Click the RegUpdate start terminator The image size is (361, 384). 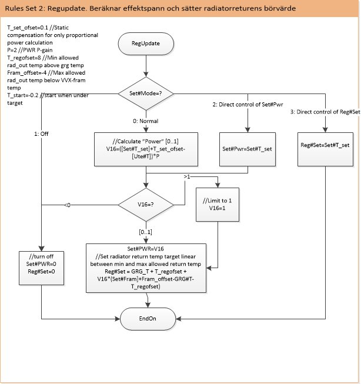tap(146, 44)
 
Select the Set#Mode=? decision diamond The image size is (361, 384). tap(146, 94)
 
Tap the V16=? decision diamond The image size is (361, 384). tap(146, 205)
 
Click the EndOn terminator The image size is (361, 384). tap(148, 319)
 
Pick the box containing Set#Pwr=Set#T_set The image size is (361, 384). tap(248, 149)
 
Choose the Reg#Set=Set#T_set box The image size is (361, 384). tap(325, 149)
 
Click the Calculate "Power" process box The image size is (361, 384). tap(146, 149)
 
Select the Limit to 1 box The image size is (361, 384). tap(218, 205)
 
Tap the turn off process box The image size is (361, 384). tap(41, 268)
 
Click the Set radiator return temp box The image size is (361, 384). tap(146, 268)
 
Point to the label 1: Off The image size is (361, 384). tap(41, 133)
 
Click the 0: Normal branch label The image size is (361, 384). tap(146, 121)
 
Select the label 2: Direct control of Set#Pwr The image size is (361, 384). tap(248, 105)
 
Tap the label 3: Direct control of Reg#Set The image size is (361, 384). tap(325, 112)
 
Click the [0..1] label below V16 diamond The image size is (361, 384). tap(145, 232)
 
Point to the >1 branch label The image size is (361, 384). tap(187, 176)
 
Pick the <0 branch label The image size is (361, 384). tap(68, 205)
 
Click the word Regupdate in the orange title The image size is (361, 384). tap(66, 9)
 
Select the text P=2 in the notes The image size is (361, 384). tap(12, 50)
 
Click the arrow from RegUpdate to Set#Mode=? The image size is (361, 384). tap(146, 66)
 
